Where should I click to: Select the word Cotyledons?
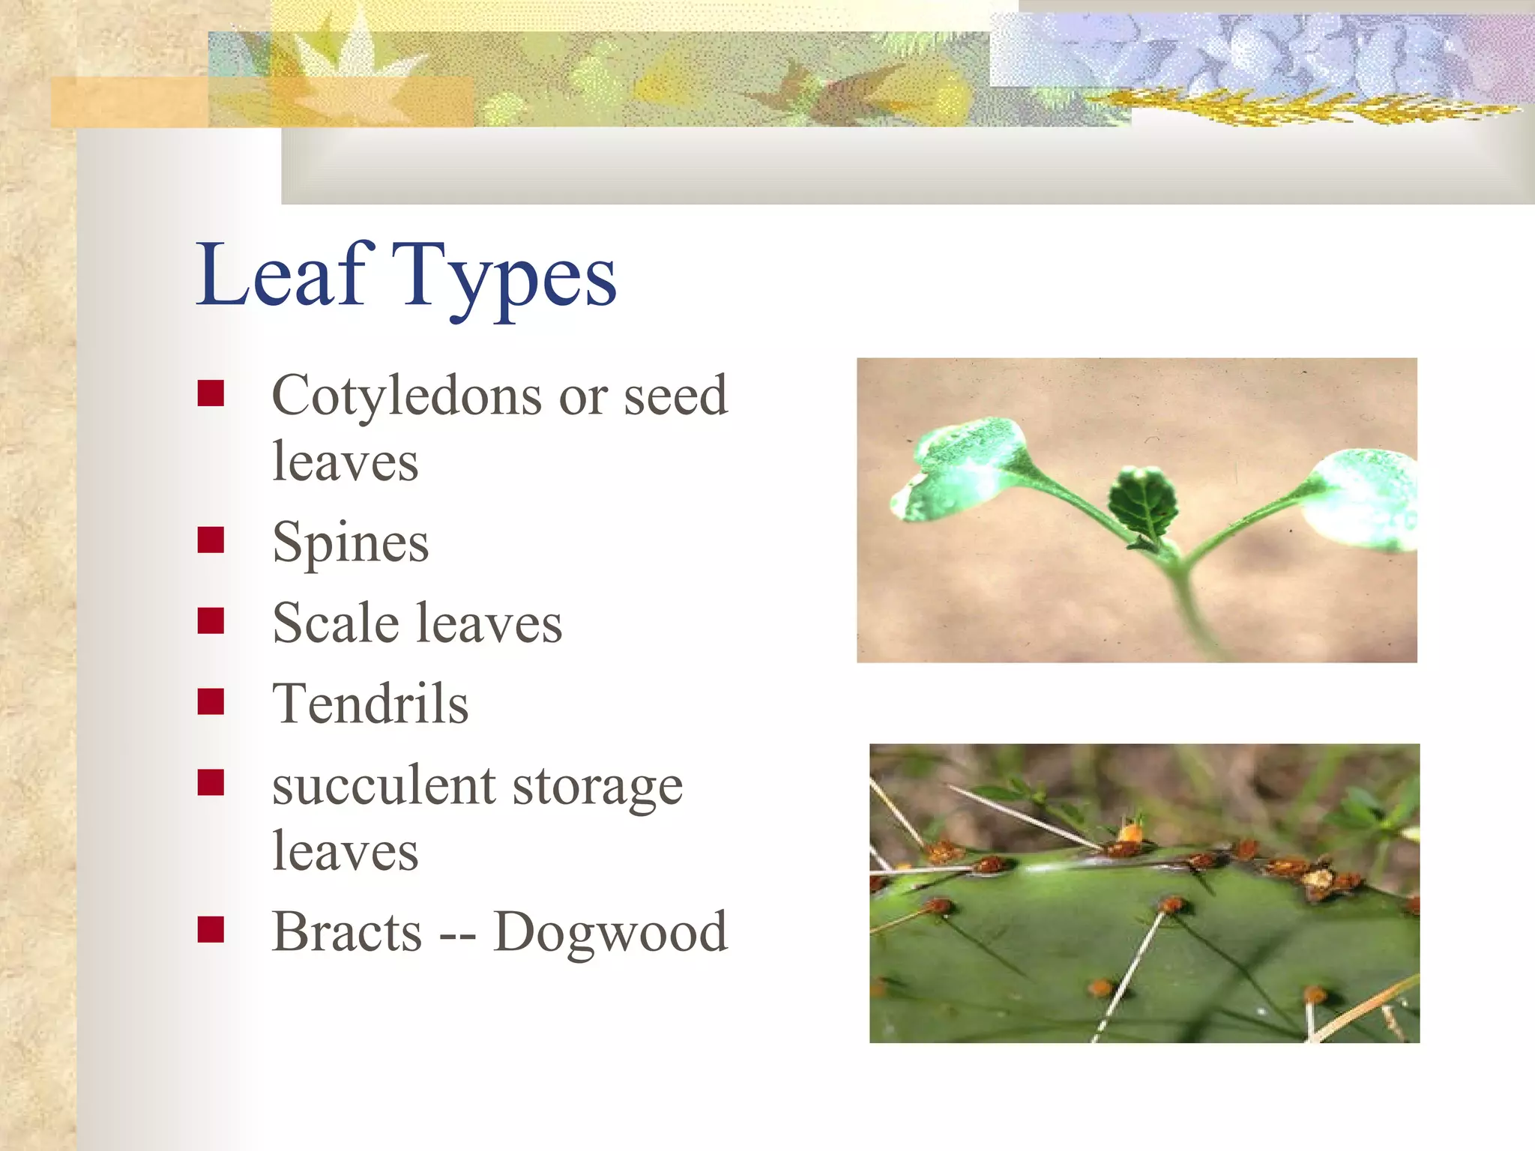click(x=405, y=395)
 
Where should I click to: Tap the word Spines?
click(x=351, y=543)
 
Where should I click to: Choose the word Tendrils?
click(x=370, y=704)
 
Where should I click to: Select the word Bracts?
click(x=347, y=931)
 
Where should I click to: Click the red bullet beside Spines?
click(x=211, y=540)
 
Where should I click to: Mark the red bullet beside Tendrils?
click(x=211, y=701)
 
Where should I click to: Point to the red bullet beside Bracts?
click(x=211, y=929)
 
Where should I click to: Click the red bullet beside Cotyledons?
click(x=211, y=393)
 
